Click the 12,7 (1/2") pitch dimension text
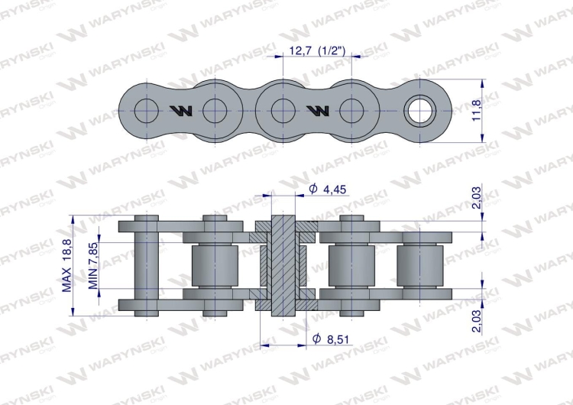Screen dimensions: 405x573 point(317,52)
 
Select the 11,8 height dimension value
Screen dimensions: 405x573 point(477,111)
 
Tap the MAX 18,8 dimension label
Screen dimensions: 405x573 point(67,264)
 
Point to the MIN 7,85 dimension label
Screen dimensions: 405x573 point(93,264)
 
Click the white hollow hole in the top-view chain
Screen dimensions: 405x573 point(419,112)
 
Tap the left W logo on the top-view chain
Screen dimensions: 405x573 point(183,112)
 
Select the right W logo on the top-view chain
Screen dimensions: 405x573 point(318,112)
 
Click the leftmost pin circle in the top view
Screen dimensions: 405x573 point(146,112)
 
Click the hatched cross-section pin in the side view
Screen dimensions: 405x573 point(283,264)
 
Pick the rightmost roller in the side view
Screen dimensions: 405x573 point(419,264)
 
